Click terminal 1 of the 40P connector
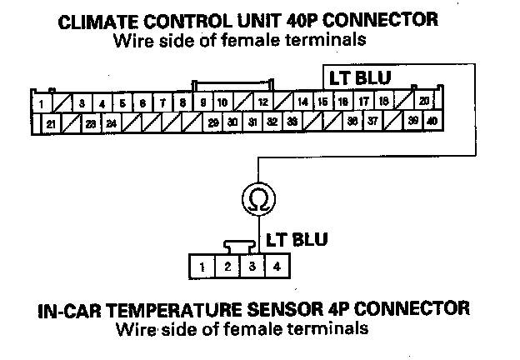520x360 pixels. coord(41,104)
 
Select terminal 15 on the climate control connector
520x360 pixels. coord(322,102)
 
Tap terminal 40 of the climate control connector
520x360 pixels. coord(432,122)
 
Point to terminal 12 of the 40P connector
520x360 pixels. coord(262,102)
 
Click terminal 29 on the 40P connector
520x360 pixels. coord(213,122)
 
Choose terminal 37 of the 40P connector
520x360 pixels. coord(372,122)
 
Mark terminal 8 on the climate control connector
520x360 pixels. coord(182,103)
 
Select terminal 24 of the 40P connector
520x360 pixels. coord(111,122)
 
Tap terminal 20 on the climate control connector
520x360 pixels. coord(423,102)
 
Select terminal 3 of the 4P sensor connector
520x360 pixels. coord(251,267)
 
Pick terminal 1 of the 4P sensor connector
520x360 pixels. coord(202,267)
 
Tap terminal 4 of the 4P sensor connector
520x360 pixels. coord(276,267)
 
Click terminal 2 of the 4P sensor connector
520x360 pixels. coord(227,267)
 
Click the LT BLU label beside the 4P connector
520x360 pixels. coord(296,240)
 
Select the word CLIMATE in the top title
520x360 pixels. coord(97,21)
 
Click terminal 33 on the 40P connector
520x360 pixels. coord(292,122)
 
